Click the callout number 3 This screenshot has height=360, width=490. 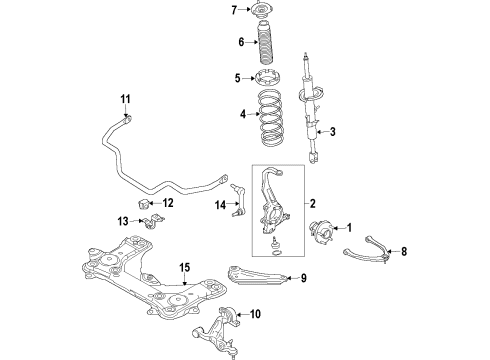333,131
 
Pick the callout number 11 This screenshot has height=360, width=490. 126,98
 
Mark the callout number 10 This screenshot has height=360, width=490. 255,314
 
